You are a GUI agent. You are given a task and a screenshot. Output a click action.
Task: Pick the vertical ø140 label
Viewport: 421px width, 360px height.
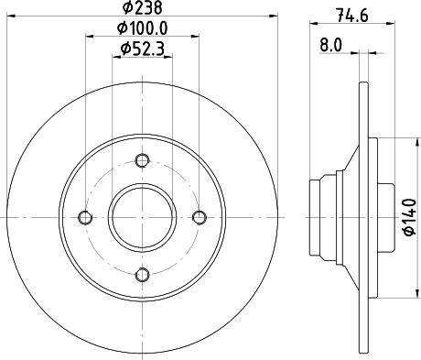[408, 216]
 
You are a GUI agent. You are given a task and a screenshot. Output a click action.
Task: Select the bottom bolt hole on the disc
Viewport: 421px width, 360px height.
[142, 272]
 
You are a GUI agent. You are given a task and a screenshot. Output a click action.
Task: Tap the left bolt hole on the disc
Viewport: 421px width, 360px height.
[86, 217]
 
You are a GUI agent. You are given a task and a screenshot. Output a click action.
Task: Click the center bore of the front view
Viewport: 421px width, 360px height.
[142, 217]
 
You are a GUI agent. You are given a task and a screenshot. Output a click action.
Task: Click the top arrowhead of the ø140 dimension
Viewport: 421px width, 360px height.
[397, 140]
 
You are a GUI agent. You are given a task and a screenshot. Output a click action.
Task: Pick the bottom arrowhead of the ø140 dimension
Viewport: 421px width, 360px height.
[397, 294]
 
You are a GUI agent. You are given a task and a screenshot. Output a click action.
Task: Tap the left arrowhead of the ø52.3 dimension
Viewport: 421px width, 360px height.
[114, 60]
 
